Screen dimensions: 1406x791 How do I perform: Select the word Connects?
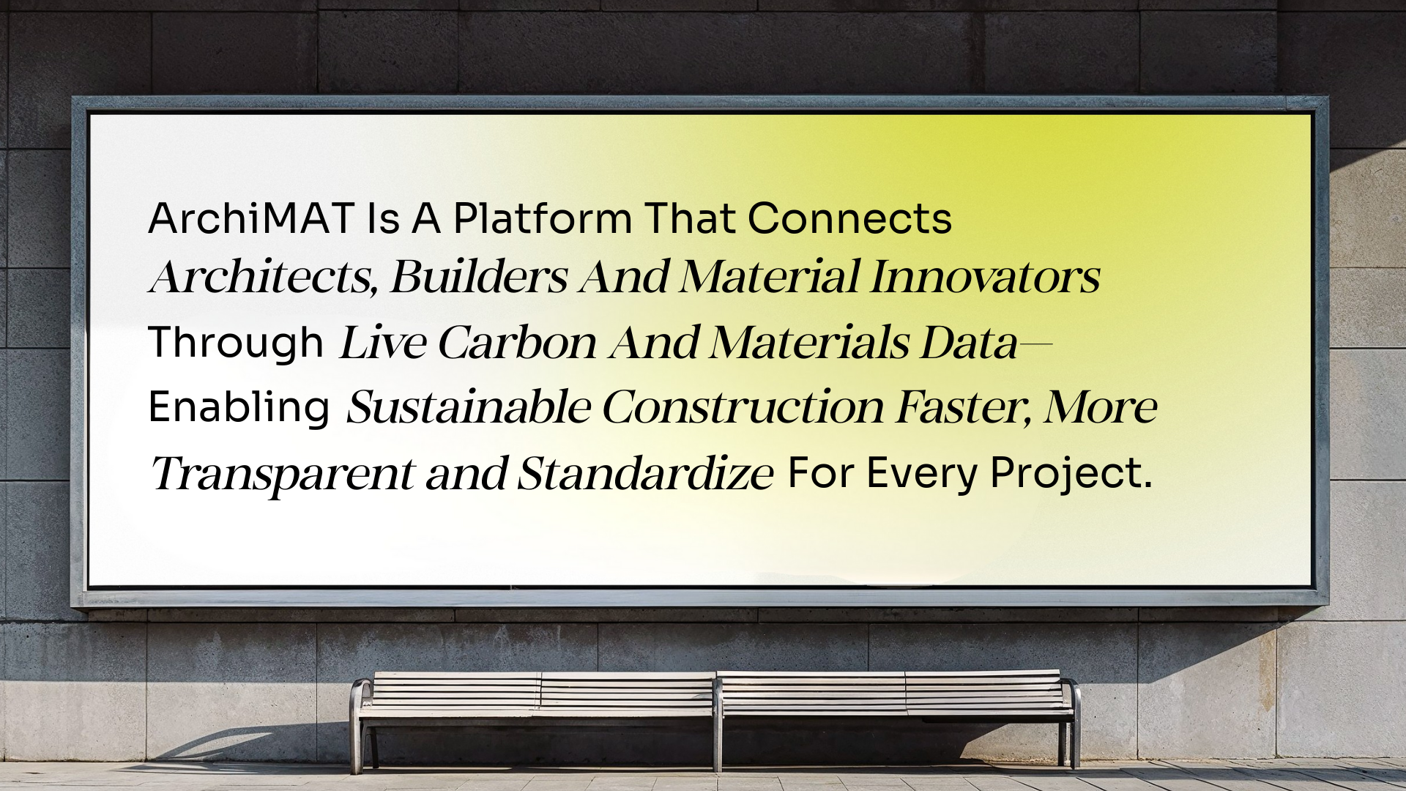click(849, 218)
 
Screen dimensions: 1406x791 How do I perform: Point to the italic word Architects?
click(263, 277)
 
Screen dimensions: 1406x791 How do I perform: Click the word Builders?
click(479, 277)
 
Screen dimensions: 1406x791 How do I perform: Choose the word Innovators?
click(985, 277)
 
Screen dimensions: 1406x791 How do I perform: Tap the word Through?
click(236, 342)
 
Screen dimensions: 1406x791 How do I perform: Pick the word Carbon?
click(517, 342)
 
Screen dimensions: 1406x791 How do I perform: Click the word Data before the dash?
click(969, 342)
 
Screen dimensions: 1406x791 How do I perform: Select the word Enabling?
click(239, 407)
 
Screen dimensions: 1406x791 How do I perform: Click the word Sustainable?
click(468, 407)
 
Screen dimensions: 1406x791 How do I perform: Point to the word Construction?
click(743, 407)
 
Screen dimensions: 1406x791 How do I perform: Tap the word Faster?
click(964, 408)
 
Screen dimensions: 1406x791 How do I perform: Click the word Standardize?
click(645, 473)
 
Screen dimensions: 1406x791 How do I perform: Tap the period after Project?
click(1147, 486)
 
